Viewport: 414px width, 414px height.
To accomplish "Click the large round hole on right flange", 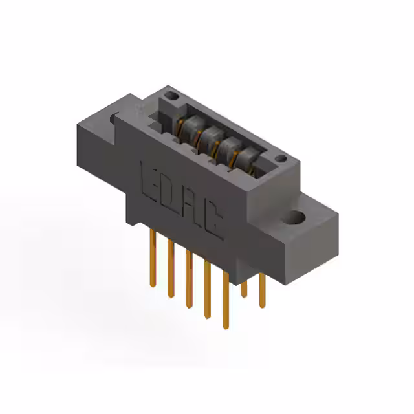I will pos(298,217).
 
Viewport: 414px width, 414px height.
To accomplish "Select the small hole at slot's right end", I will pos(280,158).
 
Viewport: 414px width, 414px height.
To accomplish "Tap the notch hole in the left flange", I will pos(115,118).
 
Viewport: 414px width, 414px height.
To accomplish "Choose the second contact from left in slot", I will pos(208,136).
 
